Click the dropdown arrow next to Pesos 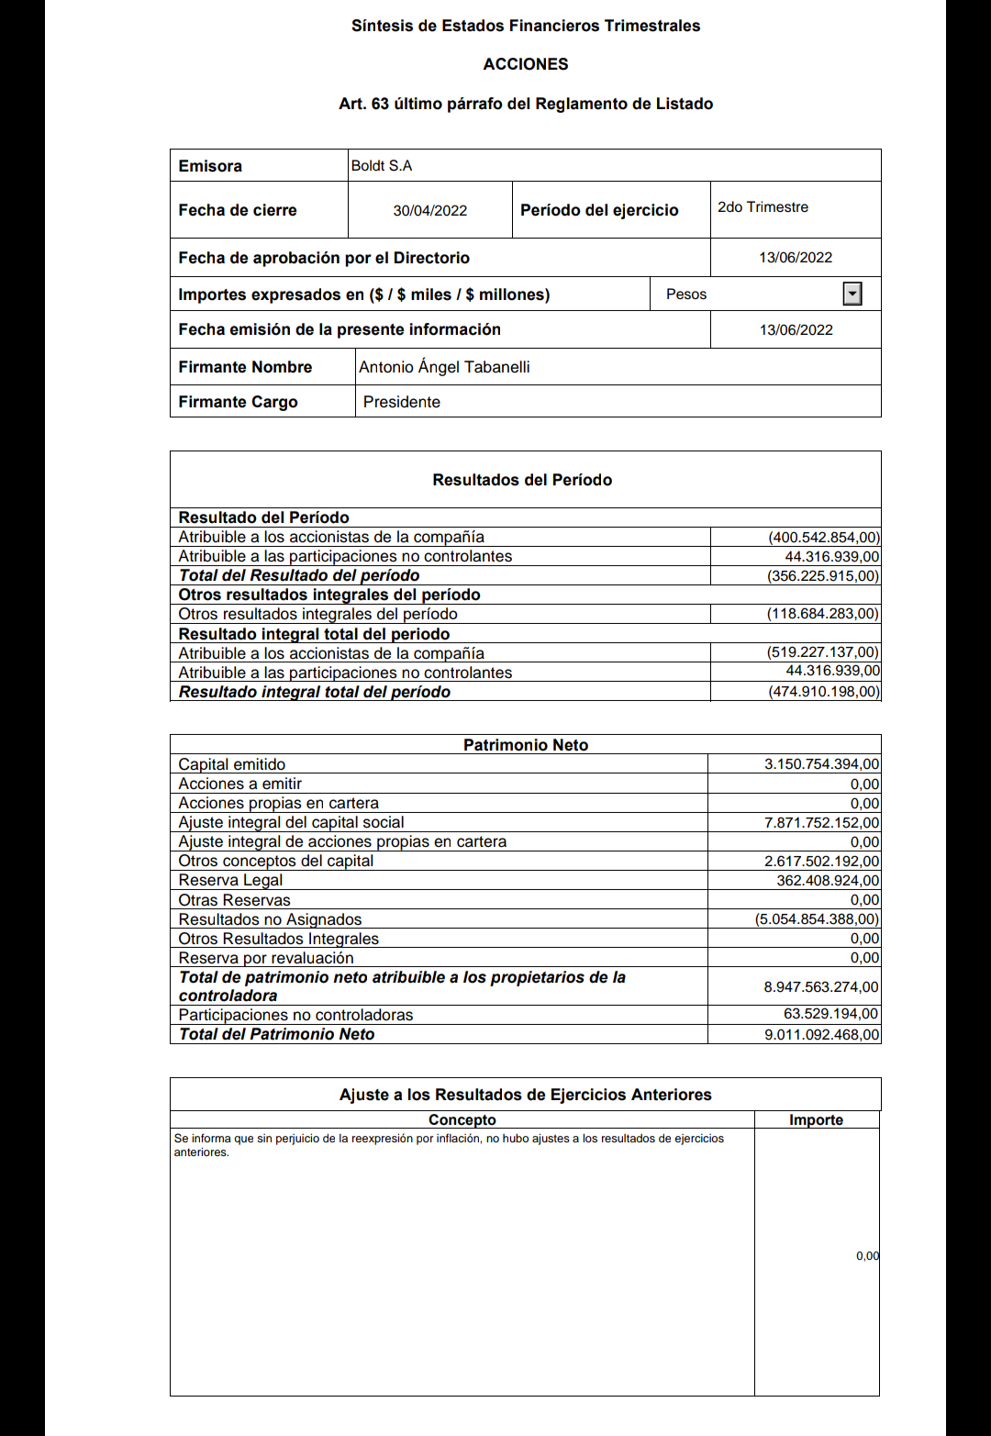852,294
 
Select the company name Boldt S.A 382,166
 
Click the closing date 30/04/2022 429,211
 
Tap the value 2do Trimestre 763,207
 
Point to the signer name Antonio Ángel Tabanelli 444,367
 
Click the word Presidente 402,402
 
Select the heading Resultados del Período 522,480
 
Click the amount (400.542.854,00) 823,538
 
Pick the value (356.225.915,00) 823,576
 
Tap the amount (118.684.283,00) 822,614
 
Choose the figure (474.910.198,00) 823,692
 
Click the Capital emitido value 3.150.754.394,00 821,764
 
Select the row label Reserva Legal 230,881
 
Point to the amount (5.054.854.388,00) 817,919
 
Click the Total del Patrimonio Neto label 277,1034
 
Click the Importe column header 816,1119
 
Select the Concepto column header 462,1119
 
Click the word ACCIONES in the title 526,64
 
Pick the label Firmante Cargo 238,402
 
